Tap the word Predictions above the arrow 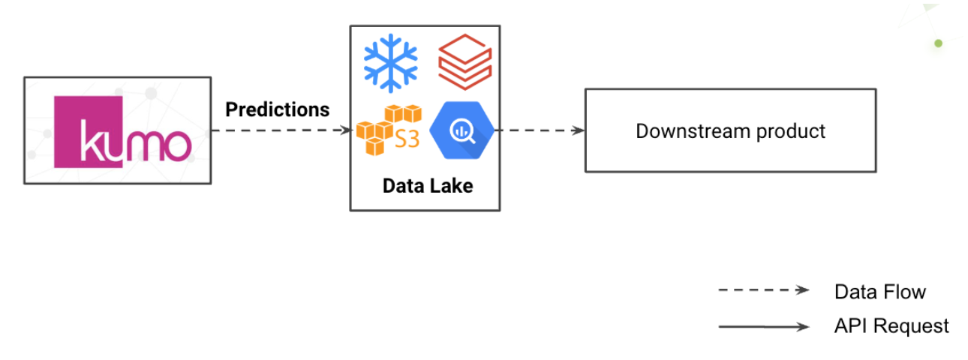point(277,109)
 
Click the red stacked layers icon point(464,61)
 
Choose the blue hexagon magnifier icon point(461,131)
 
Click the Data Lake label point(428,186)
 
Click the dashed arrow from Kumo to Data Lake point(281,130)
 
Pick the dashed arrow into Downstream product point(540,130)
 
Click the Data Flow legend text point(879,292)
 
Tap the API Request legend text point(891,326)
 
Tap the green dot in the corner point(938,43)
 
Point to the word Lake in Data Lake point(452,186)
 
